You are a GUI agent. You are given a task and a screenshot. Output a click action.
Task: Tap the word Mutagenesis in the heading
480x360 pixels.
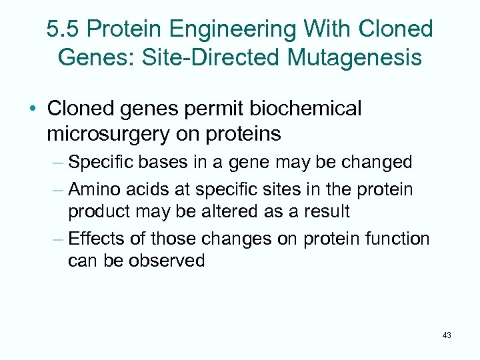355,57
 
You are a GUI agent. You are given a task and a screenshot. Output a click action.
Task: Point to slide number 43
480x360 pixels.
446,335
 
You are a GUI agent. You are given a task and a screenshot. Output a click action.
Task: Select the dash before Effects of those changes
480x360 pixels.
57,238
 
